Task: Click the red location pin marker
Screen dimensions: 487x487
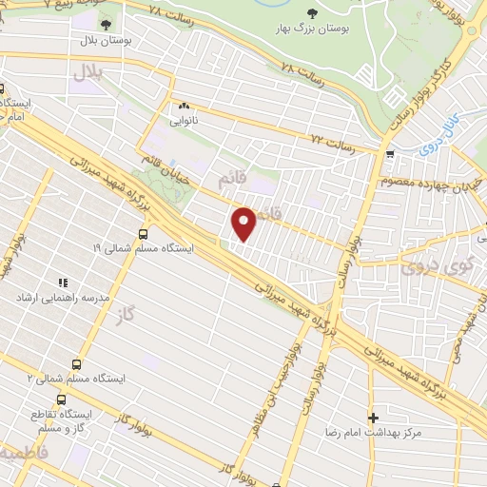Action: pyautogui.click(x=244, y=223)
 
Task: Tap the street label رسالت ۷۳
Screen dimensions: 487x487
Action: pyautogui.click(x=333, y=145)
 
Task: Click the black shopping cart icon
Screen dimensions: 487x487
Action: pyautogui.click(x=389, y=153)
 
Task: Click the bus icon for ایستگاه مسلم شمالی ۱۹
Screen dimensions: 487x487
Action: pyautogui.click(x=144, y=233)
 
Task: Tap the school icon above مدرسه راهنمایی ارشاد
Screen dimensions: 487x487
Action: pyautogui.click(x=63, y=282)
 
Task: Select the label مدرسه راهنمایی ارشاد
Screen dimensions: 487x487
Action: pyautogui.click(x=54, y=298)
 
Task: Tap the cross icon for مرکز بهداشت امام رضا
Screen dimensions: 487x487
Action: pyautogui.click(x=373, y=417)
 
